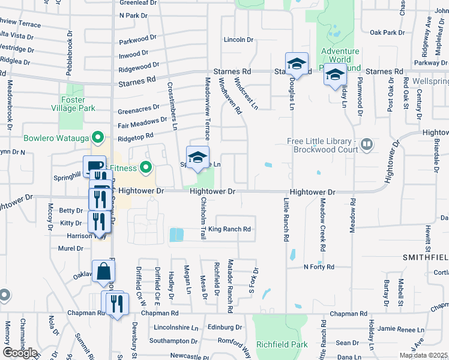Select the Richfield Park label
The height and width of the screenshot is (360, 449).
282,344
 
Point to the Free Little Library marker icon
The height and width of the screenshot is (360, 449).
367,144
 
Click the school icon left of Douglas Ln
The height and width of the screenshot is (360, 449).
297,64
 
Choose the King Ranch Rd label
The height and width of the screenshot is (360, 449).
229,229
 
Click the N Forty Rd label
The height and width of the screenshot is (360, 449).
318,266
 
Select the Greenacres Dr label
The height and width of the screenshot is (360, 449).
139,110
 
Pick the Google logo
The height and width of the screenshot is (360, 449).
20,353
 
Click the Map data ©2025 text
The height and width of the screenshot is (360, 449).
423,355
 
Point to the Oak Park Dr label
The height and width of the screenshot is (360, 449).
387,32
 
